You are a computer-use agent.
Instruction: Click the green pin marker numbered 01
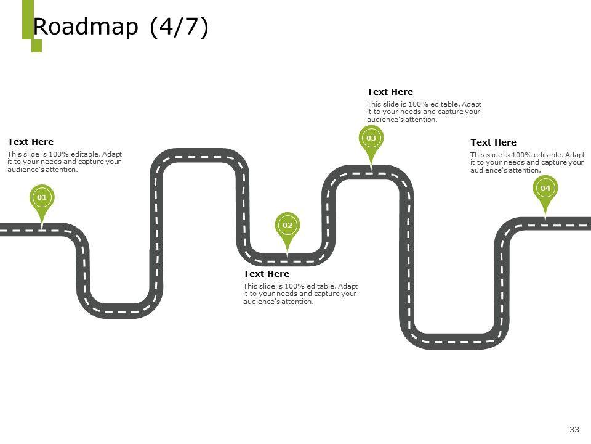42,198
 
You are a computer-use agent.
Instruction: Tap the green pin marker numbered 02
287,226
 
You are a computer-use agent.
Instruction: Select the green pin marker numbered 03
371,139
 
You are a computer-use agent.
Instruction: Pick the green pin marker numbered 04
545,188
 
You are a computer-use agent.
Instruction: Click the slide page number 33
575,429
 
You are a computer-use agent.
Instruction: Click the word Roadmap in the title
86,28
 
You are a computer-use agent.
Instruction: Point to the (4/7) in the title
179,28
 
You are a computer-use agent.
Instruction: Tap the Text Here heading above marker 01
31,142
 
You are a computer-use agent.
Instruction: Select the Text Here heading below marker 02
267,274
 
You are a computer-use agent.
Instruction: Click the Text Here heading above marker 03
390,92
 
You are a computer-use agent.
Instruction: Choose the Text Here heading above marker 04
494,142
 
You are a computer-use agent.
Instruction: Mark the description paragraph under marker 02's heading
300,294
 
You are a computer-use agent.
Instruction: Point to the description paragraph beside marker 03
424,112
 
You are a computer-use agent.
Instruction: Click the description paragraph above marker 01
65,162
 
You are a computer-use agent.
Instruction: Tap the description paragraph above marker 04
528,162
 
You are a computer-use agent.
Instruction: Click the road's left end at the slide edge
5,229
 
